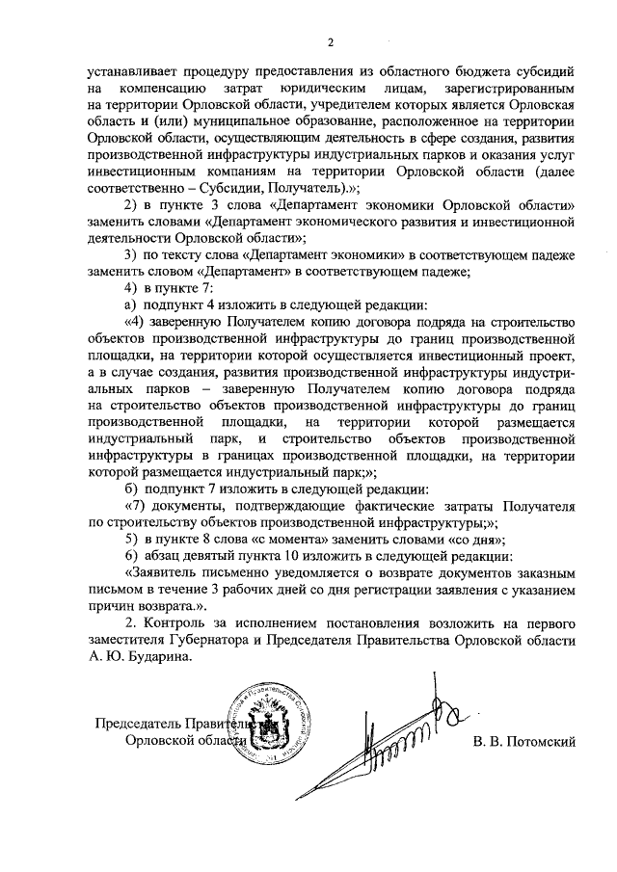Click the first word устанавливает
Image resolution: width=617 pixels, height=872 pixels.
coord(129,72)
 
